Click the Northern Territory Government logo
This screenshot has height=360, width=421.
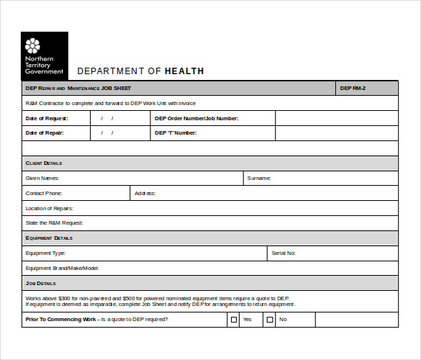click(45, 55)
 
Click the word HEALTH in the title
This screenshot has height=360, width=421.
click(184, 71)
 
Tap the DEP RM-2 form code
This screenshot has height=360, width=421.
click(353, 89)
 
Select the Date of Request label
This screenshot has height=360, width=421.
click(47, 118)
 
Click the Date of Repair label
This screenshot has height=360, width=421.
click(45, 133)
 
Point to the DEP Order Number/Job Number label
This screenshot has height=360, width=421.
click(196, 118)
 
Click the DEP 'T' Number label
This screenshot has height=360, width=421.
click(175, 133)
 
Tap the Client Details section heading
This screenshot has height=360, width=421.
click(44, 163)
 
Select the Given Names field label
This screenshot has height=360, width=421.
click(42, 178)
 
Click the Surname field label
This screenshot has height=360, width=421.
click(259, 178)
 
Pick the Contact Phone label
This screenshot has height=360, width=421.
click(44, 193)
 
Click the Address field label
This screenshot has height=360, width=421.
click(145, 193)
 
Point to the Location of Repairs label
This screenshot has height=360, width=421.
click(50, 208)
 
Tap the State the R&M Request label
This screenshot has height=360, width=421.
click(54, 223)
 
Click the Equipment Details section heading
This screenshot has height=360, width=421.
click(49, 238)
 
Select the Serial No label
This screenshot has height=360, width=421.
click(284, 253)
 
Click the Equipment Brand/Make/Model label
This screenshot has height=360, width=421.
click(62, 269)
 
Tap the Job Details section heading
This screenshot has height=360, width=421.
click(41, 284)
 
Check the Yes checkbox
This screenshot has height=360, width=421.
click(233, 319)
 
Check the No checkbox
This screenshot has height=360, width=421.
click(270, 319)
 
